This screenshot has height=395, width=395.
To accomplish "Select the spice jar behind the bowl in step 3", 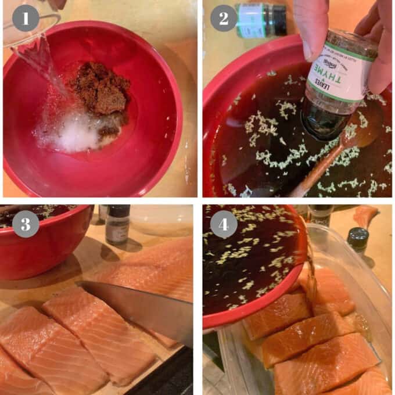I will (x=118, y=224).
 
